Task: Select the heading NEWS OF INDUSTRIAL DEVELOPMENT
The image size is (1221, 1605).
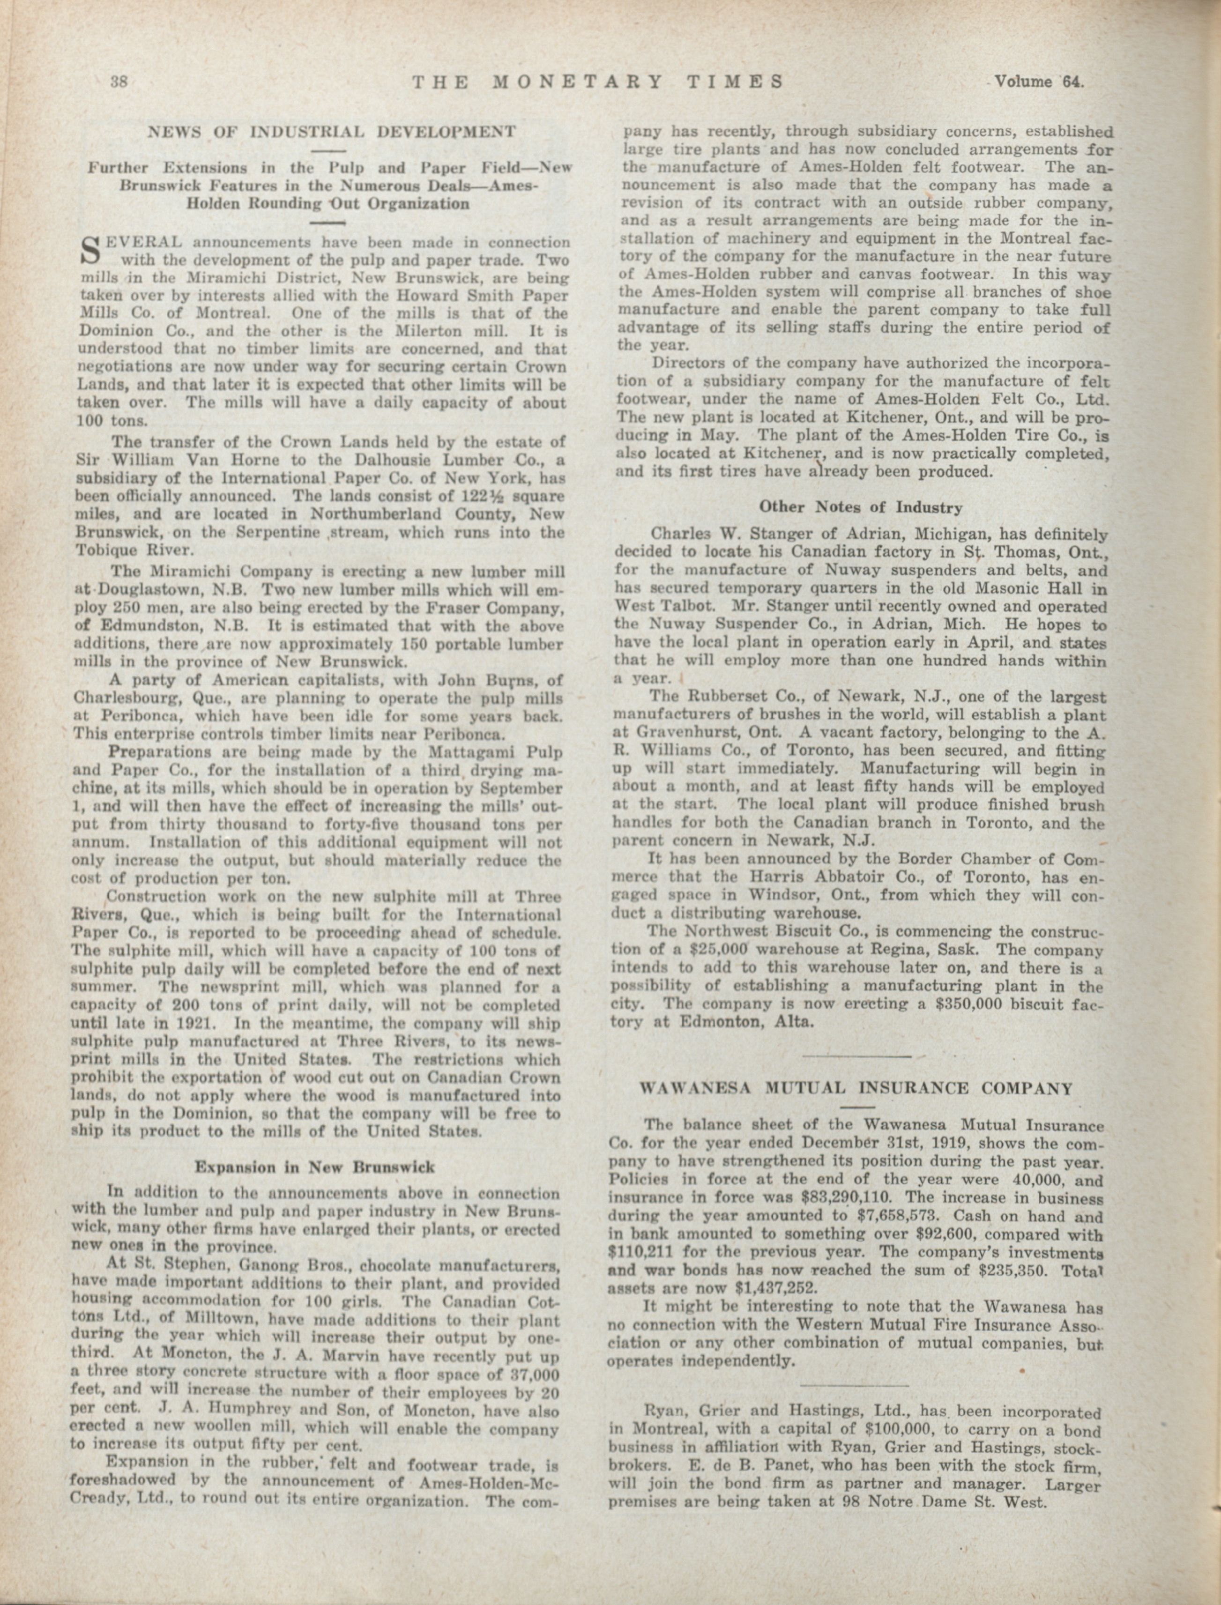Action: coord(332,132)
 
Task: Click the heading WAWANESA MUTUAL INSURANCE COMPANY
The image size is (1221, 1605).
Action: coord(856,1088)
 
